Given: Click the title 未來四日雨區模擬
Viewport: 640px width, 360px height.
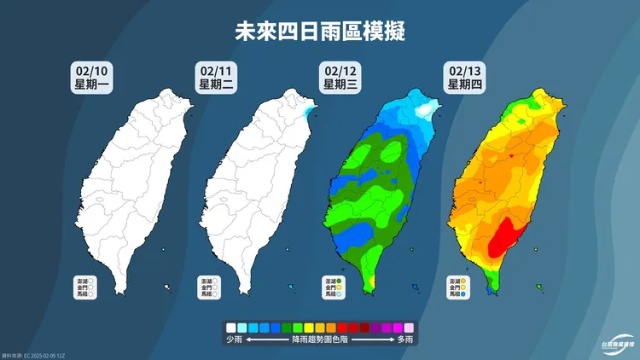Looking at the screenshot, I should [319, 32].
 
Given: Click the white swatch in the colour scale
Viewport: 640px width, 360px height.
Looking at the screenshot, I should [230, 327].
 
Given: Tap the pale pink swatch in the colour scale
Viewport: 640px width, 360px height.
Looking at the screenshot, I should [408, 327].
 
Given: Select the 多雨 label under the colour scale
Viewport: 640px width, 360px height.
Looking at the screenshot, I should [404, 340].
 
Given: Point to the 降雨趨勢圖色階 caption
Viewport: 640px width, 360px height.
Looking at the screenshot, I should [319, 340].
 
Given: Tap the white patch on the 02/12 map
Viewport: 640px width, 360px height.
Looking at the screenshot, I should [425, 111].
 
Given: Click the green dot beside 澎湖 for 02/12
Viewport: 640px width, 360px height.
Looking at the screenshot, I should [340, 281].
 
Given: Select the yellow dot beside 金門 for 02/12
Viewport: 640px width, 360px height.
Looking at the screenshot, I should [340, 287].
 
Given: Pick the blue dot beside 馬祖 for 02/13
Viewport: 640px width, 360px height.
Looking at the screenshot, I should [463, 294].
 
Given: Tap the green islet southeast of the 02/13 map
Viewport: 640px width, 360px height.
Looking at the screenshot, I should [540, 287].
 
